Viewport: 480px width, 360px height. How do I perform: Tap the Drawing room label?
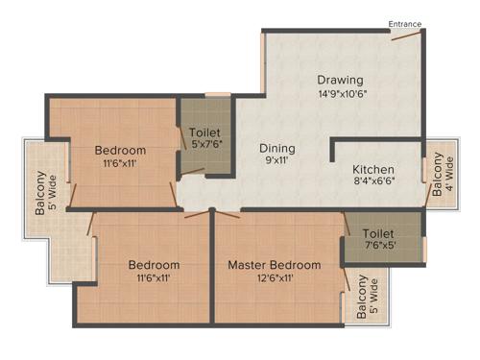[x=341, y=79]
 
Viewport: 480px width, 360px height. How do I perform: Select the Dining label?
[x=277, y=149]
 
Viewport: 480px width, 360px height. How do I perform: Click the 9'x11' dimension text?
[x=277, y=163]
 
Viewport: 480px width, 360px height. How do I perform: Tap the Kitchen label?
[x=373, y=169]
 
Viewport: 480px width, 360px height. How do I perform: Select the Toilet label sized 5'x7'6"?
[x=205, y=132]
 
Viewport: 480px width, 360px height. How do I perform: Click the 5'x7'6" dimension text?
[x=205, y=146]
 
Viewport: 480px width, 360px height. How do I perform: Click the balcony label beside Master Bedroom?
[x=368, y=298]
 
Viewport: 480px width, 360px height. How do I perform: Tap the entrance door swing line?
[x=404, y=37]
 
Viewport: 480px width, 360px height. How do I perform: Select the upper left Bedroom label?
[x=120, y=150]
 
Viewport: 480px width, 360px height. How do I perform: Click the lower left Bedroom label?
[x=155, y=264]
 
